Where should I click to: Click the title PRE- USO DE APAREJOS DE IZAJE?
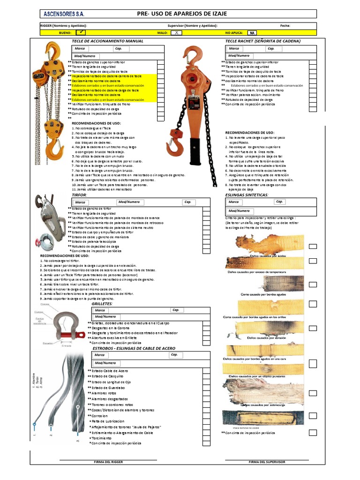182,14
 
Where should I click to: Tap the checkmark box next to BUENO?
81,33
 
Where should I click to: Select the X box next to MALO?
176,33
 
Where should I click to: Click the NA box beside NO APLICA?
252,33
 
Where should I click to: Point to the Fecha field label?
285,26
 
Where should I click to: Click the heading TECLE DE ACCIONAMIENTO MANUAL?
107,41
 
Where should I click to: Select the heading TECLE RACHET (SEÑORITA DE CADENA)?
262,41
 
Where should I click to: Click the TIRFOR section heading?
79,195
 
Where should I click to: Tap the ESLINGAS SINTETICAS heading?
247,195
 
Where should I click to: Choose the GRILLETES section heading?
102,304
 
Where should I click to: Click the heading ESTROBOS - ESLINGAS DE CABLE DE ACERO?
134,349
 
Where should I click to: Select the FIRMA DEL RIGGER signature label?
108,462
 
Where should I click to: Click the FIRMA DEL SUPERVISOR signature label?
266,462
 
